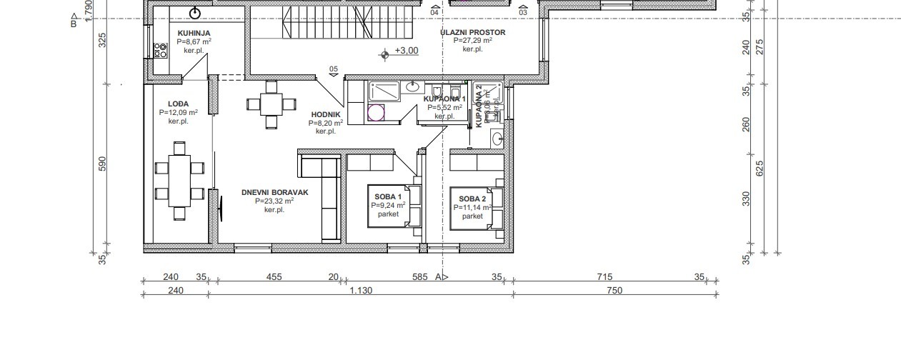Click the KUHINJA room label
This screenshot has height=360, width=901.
194,33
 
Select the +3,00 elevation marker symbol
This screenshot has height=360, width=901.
385,52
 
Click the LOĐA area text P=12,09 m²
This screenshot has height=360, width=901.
179,112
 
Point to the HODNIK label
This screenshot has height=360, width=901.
326,114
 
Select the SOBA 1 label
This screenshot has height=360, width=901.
388,196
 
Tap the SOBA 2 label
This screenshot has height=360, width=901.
472,199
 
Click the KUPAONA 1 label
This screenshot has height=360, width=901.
444,99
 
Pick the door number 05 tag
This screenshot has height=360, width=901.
333,69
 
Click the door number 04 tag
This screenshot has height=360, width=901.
434,12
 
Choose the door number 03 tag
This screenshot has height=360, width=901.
523,12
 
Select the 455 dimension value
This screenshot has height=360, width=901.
274,276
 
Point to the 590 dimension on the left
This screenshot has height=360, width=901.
102,164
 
